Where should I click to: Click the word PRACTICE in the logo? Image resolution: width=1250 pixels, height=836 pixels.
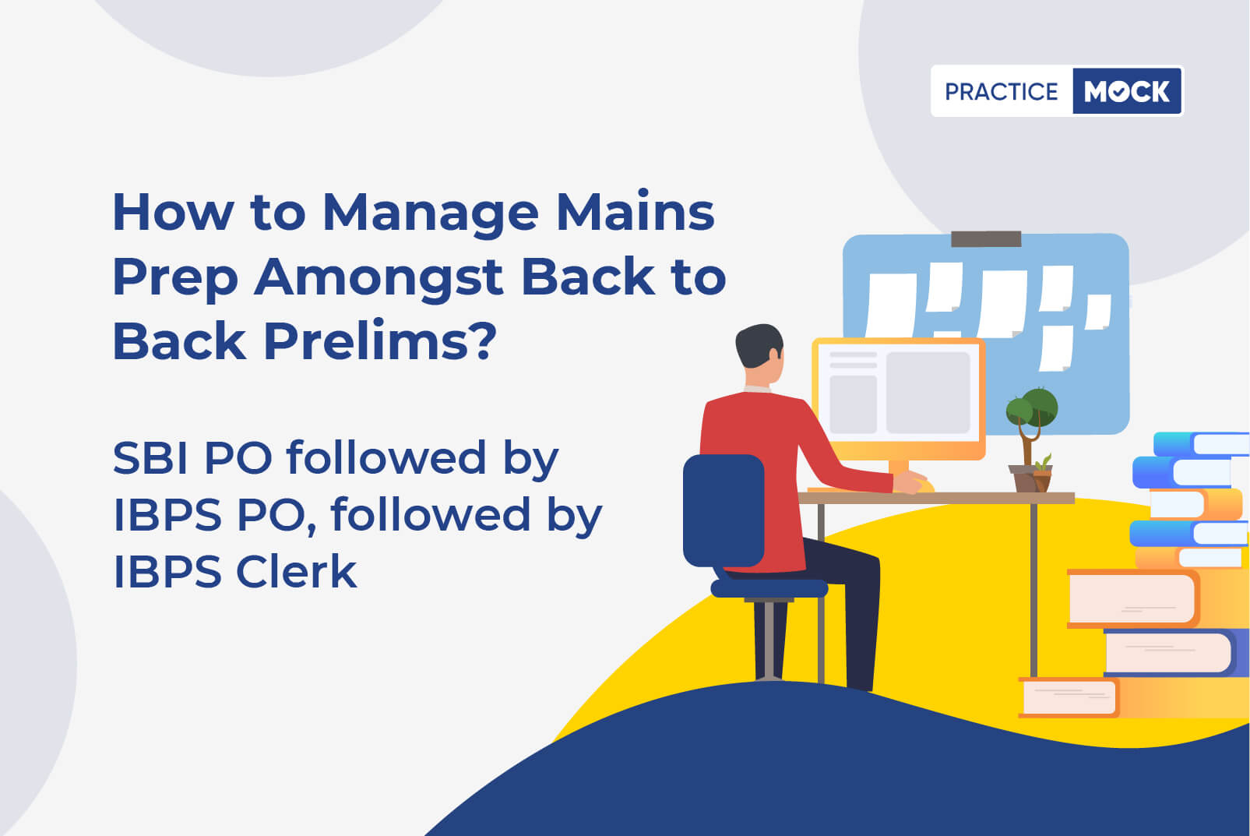pyautogui.click(x=1001, y=91)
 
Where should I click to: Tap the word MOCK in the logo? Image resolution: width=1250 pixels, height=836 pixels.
pyautogui.click(x=1127, y=91)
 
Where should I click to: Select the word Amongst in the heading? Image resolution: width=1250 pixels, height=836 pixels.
pyautogui.click(x=379, y=278)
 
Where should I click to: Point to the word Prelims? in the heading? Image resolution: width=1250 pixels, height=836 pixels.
pyautogui.click(x=379, y=340)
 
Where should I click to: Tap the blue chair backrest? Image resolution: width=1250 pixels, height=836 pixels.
pyautogui.click(x=724, y=510)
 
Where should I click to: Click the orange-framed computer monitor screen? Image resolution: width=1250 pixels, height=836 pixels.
pyautogui.click(x=898, y=398)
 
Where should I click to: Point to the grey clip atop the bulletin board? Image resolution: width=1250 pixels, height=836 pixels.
pyautogui.click(x=986, y=239)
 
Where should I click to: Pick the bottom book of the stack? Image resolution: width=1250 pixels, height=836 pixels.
pyautogui.click(x=1133, y=697)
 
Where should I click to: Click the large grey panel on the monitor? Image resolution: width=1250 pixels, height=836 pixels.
pyautogui.click(x=928, y=393)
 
